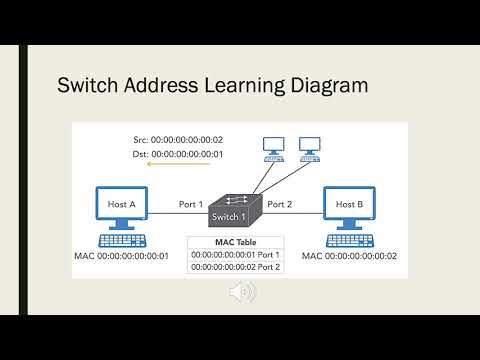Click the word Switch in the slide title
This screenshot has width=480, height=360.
point(92,87)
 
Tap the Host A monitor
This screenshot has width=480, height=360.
point(121,206)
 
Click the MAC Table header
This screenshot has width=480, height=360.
point(236,241)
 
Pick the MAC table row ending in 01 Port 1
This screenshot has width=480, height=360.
point(236,254)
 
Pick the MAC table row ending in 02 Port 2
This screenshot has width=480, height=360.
point(236,267)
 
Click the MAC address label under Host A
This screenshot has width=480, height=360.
point(121,257)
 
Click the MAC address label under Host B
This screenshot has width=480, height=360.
point(350,257)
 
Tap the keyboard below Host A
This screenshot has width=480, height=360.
point(121,240)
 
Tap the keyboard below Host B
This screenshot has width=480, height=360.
point(351,240)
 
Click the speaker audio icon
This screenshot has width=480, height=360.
point(241,292)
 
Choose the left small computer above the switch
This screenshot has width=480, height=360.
point(272,149)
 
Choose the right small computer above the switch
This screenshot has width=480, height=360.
point(309,149)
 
